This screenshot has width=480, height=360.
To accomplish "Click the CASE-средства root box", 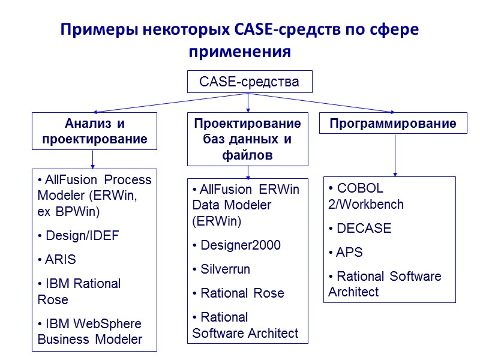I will coord(249,82).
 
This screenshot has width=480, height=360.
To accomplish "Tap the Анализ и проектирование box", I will coord(94,131).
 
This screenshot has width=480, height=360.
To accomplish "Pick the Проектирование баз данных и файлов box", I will coord(248,139).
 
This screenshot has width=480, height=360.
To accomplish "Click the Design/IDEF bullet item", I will coord(78,236).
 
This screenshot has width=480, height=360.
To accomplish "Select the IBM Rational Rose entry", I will coord(79,291).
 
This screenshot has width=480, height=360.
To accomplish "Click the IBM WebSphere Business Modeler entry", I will coord(89,331).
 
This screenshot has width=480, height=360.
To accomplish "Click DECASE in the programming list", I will coord(360,229).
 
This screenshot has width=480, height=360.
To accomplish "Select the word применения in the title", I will coord(239,52).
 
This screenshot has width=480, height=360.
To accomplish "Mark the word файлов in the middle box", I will coord(248,155).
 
